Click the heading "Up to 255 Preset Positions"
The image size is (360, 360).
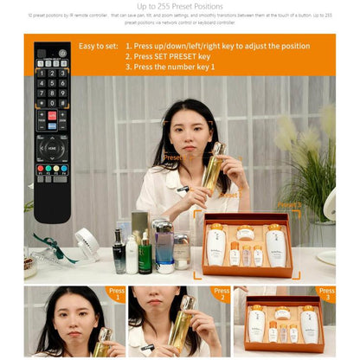(x=180, y=6)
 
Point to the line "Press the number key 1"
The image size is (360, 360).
(x=170, y=67)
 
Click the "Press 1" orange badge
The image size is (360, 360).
(x=115, y=293)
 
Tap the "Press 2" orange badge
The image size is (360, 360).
(x=222, y=293)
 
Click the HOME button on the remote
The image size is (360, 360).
(x=52, y=147)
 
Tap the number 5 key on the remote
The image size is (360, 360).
(x=52, y=83)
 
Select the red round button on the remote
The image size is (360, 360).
(x=52, y=115)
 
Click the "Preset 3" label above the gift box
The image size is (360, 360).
(x=289, y=206)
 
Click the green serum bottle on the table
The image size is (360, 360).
(x=145, y=250)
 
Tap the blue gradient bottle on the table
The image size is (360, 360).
(x=164, y=246)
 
